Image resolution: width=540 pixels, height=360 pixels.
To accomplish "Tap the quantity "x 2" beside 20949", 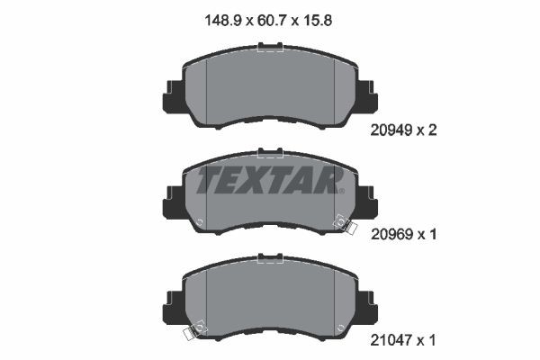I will [430, 130].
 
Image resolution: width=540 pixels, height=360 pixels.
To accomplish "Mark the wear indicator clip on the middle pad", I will [341, 221].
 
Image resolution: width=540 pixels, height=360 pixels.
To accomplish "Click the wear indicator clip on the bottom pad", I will [191, 334].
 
